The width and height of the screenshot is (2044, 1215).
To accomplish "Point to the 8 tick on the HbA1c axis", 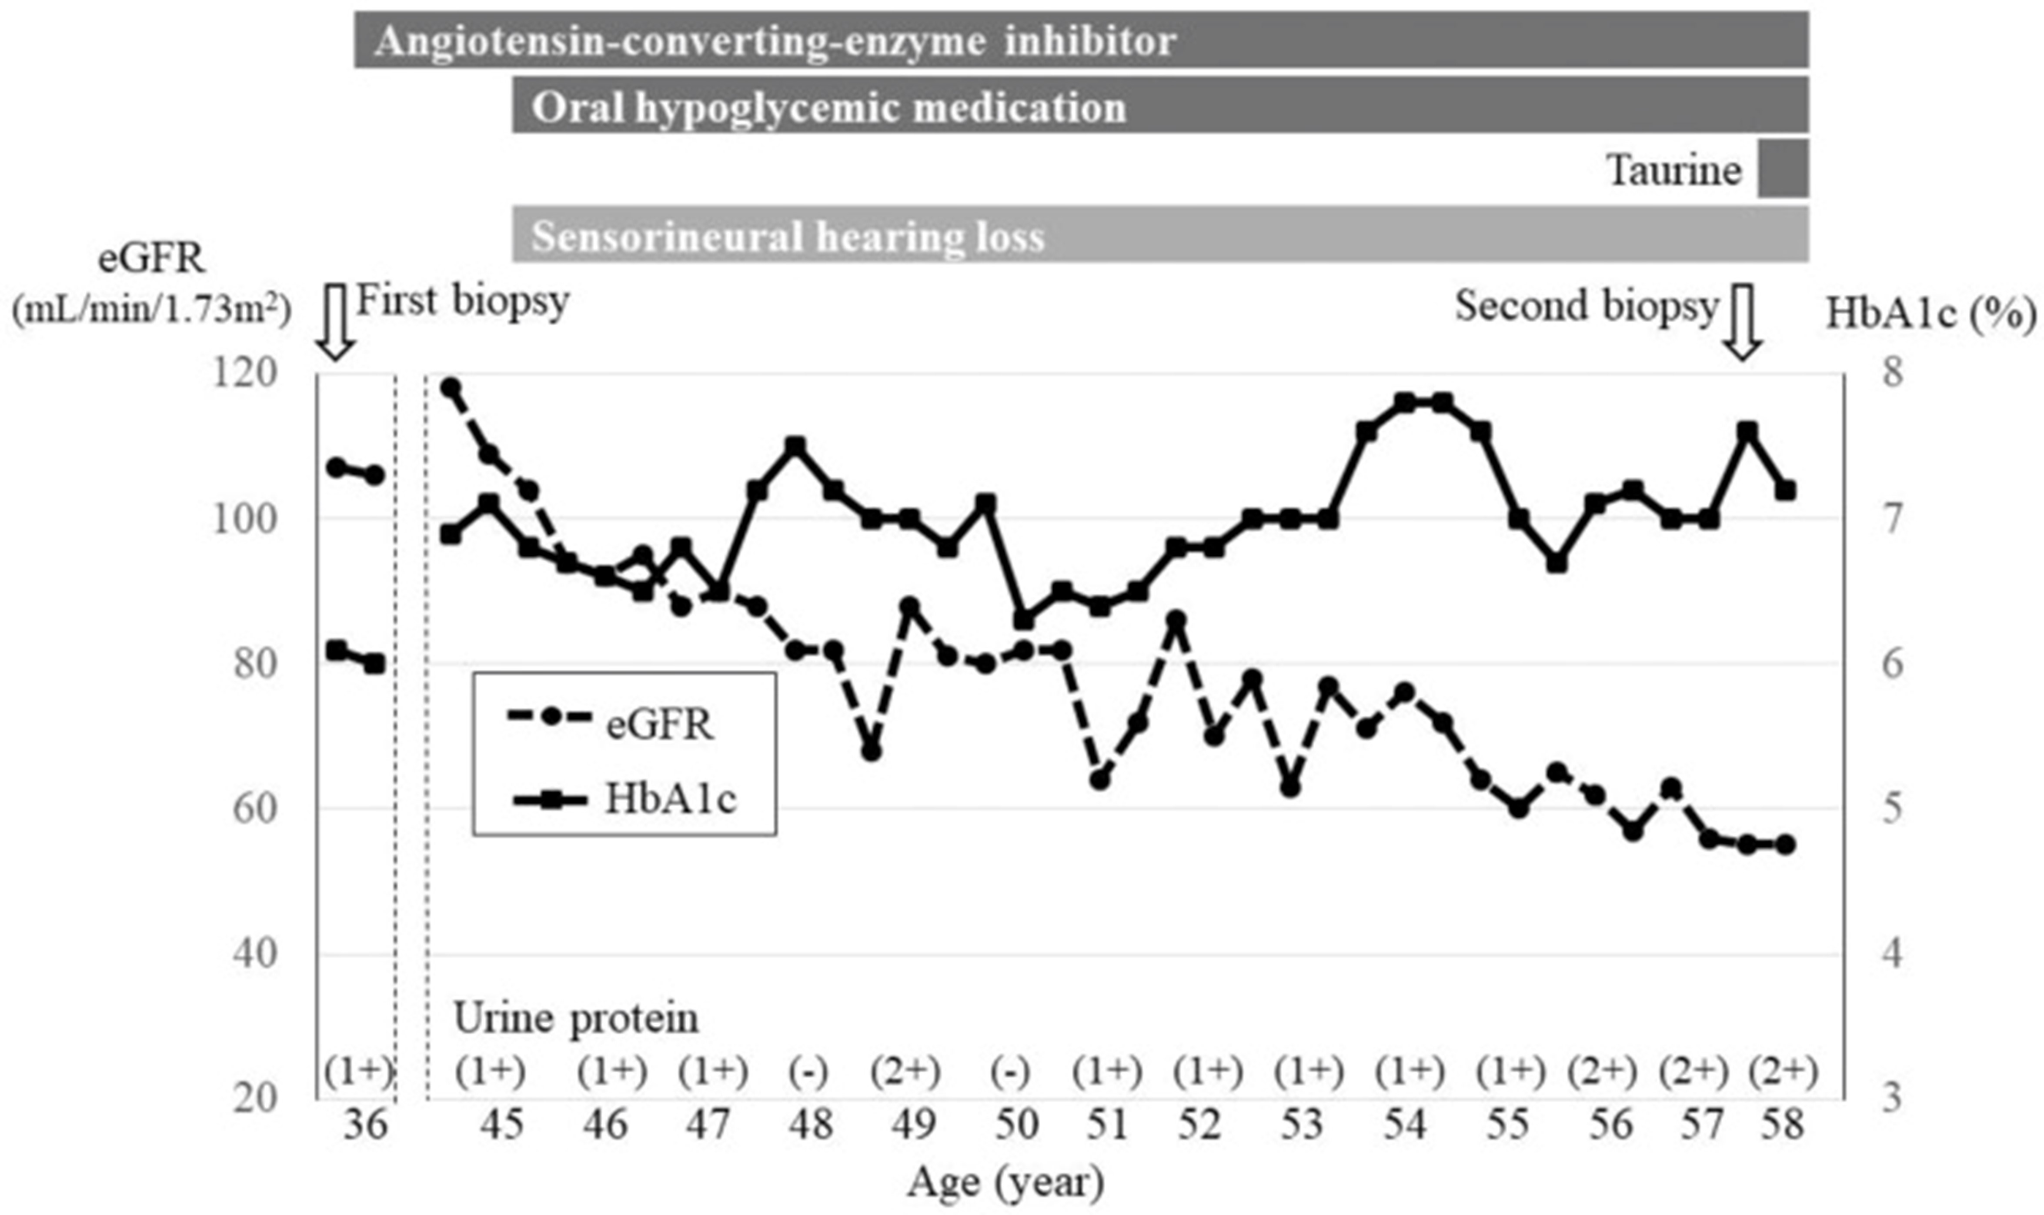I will point(1893,374).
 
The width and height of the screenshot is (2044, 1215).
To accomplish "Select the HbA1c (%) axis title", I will point(1930,314).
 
